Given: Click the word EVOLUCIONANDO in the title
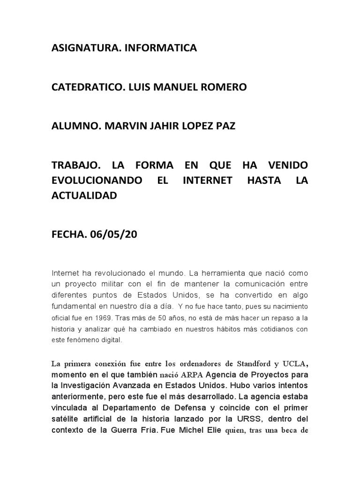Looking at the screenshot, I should coord(97,181).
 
